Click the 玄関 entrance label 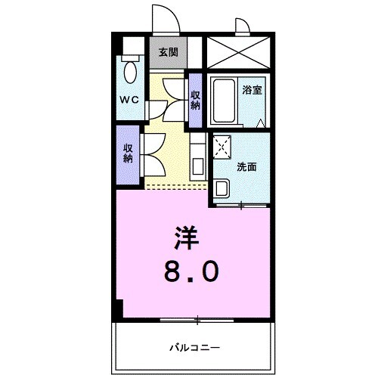pos(168,53)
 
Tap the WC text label pos(128,99)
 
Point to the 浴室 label pos(253,89)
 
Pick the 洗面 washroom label pos(246,166)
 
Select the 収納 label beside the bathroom pos(195,99)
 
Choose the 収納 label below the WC pos(128,153)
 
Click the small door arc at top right pos(241,27)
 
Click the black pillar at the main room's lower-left pos(117,308)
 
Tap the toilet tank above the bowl pos(131,57)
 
